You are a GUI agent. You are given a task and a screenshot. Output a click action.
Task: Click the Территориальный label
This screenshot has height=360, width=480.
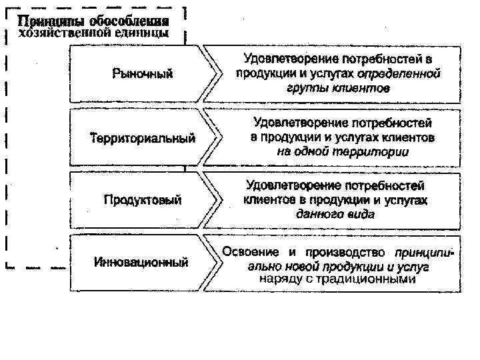click(142, 138)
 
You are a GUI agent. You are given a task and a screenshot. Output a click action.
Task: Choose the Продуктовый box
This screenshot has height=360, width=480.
click(142, 200)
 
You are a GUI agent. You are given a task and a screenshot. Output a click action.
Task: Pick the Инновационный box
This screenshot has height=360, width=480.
click(141, 262)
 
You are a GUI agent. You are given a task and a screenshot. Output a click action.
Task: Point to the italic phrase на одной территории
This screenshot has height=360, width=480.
click(343, 151)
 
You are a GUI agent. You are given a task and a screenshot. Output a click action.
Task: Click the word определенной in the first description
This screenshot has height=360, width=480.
click(399, 73)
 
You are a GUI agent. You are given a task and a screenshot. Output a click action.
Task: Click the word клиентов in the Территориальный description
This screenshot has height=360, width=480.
click(406, 137)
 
